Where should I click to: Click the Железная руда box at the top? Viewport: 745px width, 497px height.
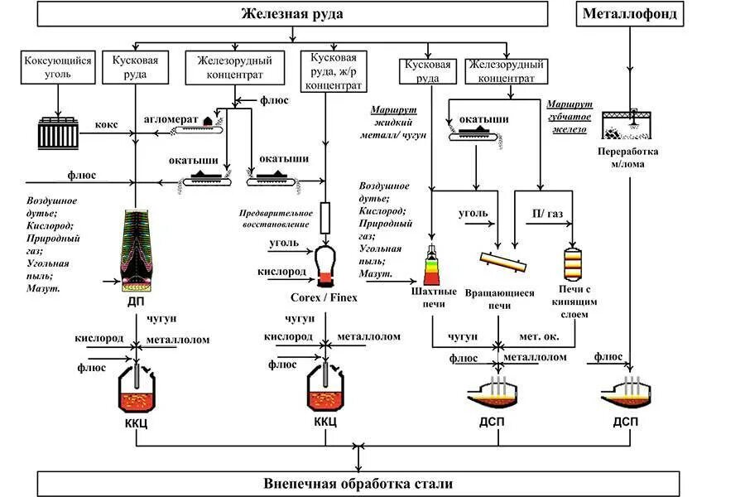pos(292,13)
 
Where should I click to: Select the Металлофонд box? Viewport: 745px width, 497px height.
pos(630,13)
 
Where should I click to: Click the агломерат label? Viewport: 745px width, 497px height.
pos(171,118)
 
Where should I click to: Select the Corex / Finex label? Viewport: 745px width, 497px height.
pos(324,297)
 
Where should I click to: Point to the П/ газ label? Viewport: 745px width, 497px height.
pos(547,214)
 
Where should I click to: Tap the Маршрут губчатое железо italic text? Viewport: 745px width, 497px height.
pos(566,117)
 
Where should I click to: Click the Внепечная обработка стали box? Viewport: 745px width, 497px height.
pos(358,483)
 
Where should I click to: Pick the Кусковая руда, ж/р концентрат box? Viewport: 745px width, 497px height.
pos(334,70)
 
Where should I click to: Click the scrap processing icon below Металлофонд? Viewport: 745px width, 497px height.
pos(630,125)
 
